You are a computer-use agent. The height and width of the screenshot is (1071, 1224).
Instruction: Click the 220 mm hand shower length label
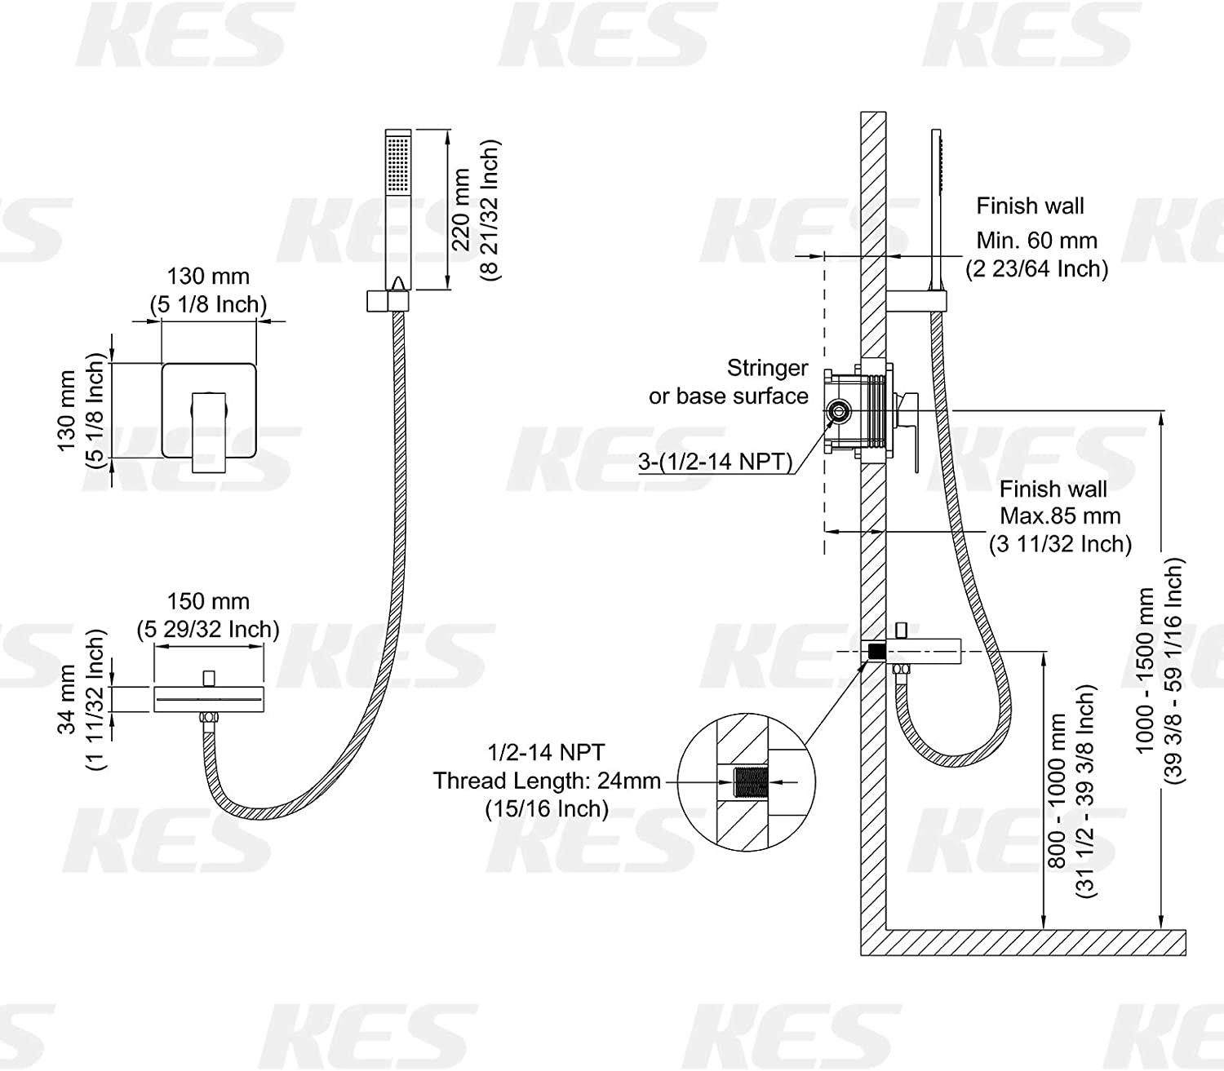coord(461,210)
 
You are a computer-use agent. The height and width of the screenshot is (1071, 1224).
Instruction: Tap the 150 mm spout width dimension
coord(208,601)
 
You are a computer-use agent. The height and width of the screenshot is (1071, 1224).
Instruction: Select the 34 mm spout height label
coord(66,699)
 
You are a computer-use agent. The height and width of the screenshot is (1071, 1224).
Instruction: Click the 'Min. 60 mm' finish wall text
coord(1037,241)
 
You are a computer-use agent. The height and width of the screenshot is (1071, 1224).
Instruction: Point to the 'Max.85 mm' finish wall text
coord(1059,516)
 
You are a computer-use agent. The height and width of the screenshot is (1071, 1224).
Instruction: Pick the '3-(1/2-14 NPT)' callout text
coord(716,461)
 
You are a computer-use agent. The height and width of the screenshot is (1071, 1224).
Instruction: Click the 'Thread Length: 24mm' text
coord(547,781)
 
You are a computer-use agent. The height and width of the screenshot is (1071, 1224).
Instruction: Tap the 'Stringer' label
coord(768,368)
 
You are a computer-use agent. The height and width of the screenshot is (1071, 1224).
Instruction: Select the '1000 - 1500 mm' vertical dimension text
coord(1144,670)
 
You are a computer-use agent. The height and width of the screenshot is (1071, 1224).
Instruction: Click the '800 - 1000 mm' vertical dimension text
coord(1057,790)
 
